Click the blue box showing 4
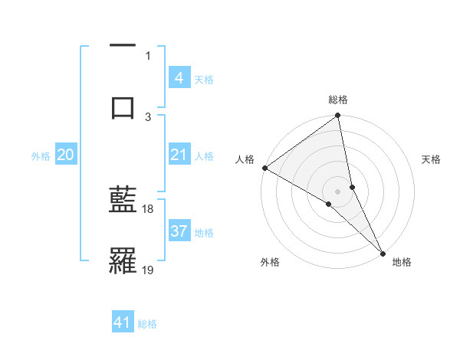click(179, 78)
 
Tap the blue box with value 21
click(179, 155)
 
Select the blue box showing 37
click(179, 231)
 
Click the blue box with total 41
click(123, 322)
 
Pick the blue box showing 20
click(66, 155)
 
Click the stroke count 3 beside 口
click(148, 116)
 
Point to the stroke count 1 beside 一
click(148, 55)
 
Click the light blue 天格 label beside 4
click(204, 79)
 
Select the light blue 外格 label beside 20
click(41, 155)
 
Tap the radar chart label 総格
click(338, 100)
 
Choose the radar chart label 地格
click(402, 262)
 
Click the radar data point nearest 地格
click(382, 252)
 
